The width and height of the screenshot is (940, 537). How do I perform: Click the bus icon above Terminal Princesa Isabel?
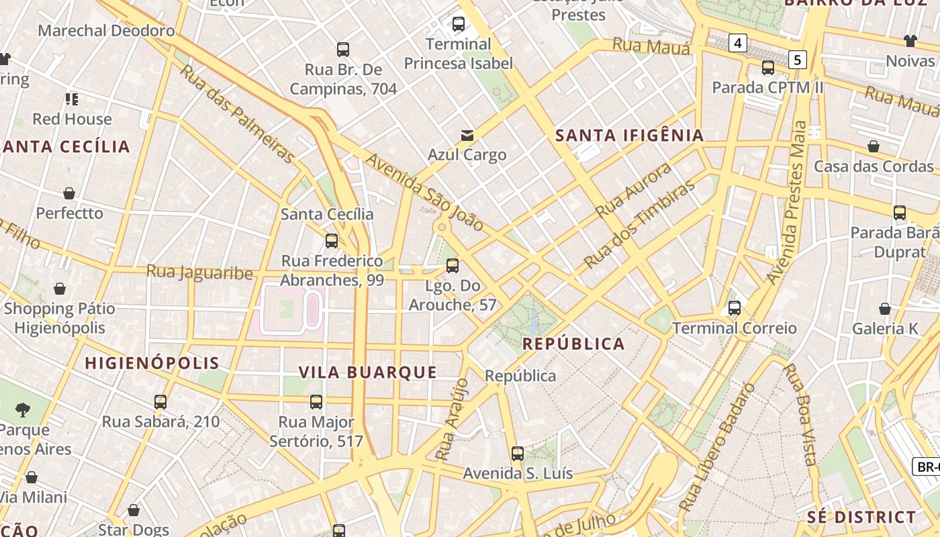(459, 24)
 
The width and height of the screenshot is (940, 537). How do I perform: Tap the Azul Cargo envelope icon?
(467, 136)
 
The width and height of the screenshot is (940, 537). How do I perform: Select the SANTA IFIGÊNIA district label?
(629, 136)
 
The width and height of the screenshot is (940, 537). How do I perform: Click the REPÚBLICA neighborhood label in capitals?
(573, 344)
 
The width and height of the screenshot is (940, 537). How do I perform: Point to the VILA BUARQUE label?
(367, 372)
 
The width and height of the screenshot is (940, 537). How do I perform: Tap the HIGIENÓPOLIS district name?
(152, 363)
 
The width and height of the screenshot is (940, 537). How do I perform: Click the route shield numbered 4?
(738, 44)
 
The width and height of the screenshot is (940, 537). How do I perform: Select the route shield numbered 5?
(797, 60)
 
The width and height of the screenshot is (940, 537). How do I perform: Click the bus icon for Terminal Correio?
(735, 308)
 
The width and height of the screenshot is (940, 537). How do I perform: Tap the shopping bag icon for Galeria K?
(885, 309)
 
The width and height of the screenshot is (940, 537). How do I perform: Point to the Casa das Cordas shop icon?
(874, 146)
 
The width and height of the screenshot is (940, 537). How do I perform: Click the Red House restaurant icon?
(72, 99)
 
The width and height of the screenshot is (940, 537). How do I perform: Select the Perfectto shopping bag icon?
(69, 194)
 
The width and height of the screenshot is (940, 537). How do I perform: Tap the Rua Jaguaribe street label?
(199, 273)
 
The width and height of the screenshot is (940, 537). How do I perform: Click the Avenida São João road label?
(424, 193)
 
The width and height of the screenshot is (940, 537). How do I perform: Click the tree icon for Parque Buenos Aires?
(23, 409)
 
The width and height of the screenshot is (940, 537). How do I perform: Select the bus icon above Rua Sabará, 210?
(160, 402)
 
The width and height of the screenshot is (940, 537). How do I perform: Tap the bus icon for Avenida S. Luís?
(517, 453)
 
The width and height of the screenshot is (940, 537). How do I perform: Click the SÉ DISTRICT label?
(861, 517)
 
